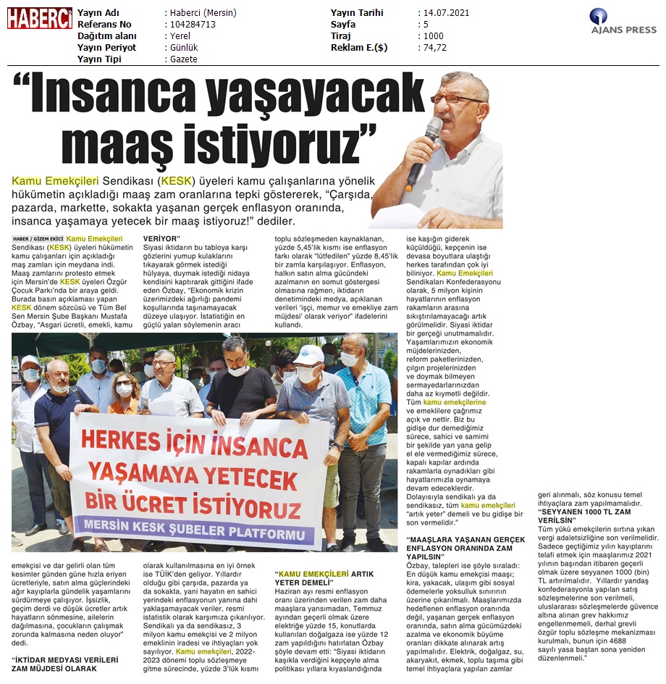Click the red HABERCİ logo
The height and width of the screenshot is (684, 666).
click(x=40, y=18)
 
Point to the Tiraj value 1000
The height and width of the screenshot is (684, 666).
click(x=434, y=36)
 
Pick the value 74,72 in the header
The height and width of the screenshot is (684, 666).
click(x=435, y=48)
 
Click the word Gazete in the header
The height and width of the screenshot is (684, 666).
click(x=183, y=59)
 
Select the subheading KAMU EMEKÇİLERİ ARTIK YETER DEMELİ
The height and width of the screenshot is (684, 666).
click(x=324, y=577)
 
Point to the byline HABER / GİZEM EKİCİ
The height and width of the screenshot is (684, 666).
click(x=38, y=238)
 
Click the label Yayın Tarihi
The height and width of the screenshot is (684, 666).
click(x=357, y=13)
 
